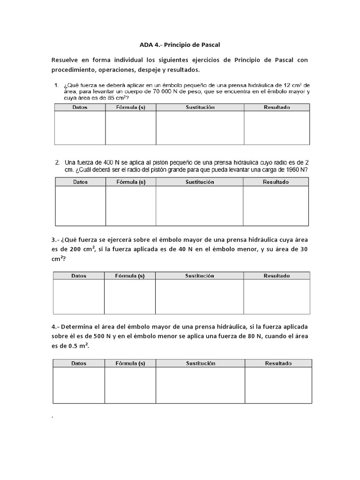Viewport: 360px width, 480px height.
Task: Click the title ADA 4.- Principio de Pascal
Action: tap(180, 45)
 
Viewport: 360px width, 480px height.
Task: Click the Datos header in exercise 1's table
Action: tap(80, 107)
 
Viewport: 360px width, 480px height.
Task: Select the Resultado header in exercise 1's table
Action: tap(277, 107)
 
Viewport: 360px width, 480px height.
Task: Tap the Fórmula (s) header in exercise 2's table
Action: tap(130, 182)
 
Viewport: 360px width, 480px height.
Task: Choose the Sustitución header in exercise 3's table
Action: tap(199, 276)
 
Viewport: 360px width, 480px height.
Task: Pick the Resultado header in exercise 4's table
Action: tap(278, 363)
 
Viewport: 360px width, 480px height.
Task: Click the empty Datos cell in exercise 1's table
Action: tap(80, 127)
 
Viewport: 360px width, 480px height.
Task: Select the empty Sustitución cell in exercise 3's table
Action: tap(199, 297)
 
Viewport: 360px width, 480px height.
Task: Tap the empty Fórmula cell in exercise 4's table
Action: tap(130, 385)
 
